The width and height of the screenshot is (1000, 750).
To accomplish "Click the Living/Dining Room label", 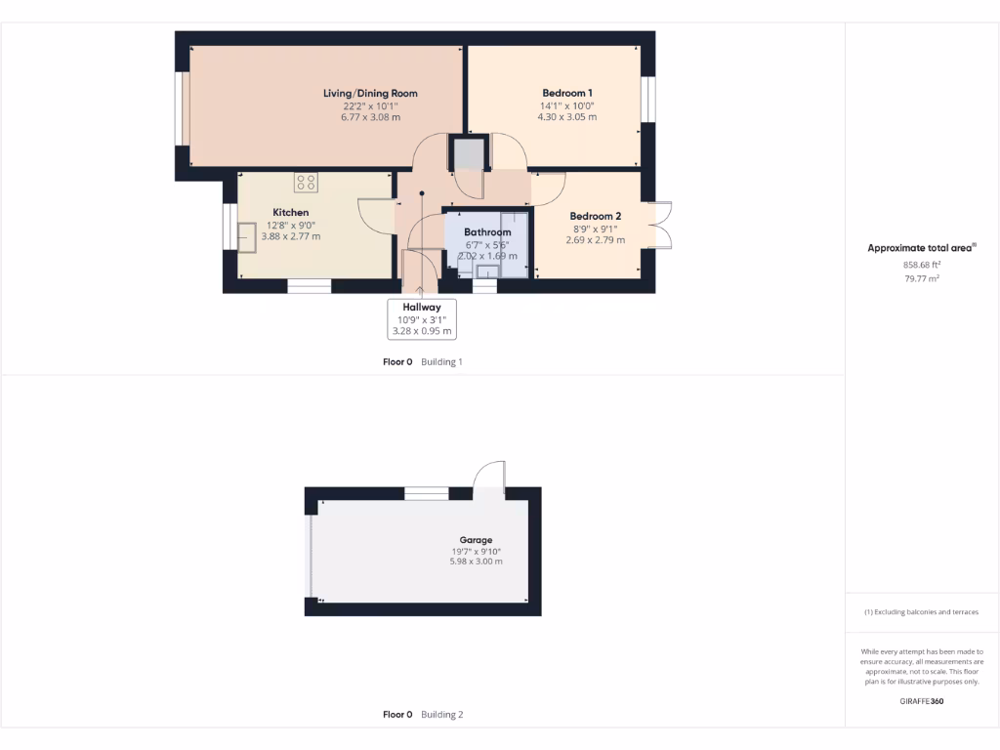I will (370, 94).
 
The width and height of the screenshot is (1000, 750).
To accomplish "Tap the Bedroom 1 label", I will (566, 94).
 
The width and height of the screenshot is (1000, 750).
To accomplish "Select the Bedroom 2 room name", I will (596, 216).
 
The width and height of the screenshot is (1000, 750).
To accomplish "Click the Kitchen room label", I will (290, 212).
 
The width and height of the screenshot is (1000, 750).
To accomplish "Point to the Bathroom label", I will (487, 232).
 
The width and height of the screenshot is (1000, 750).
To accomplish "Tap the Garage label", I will (476, 539).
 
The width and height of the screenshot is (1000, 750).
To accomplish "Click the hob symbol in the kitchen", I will (306, 182).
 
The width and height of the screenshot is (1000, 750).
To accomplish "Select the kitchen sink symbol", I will (247, 237).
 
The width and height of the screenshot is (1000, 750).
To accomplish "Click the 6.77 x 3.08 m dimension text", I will (370, 117).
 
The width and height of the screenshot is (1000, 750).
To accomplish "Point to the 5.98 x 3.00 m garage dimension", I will (476, 562).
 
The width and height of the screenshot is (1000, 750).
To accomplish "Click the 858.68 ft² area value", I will (921, 265).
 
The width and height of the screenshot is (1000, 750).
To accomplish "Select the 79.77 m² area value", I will (921, 279).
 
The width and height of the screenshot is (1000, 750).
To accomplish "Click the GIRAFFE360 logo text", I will (921, 701).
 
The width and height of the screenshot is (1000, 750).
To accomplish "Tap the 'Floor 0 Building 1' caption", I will (422, 361).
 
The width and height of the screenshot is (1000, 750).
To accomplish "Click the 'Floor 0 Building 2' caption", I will (422, 715).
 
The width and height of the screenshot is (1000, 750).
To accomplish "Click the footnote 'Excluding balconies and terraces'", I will (921, 612).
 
